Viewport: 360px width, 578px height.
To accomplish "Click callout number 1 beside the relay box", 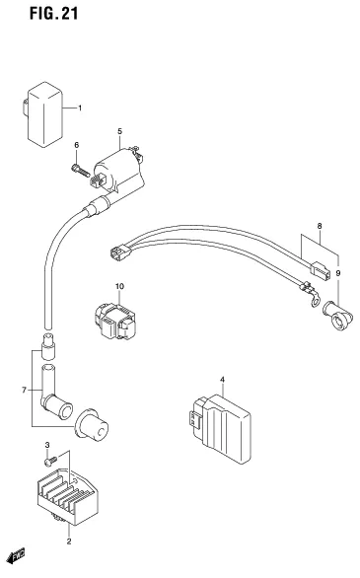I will (x=80, y=108).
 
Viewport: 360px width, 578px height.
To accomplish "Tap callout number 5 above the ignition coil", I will (x=118, y=131).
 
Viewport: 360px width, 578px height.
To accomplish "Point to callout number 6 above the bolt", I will (x=76, y=146).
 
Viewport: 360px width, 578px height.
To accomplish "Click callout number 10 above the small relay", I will (x=119, y=286).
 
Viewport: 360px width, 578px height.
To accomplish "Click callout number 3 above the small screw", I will (x=47, y=447).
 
